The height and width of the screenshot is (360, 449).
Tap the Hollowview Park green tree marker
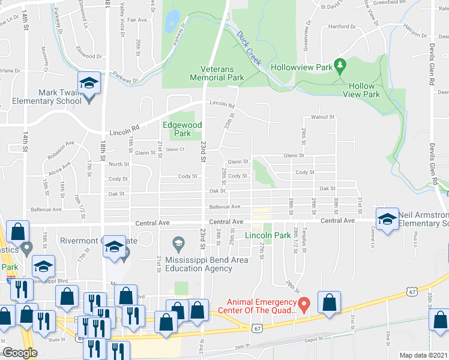(x=340, y=64)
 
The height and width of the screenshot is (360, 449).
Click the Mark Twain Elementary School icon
(x=89, y=84)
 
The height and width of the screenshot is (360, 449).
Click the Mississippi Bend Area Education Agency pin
(x=178, y=244)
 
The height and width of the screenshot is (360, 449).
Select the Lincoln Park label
(x=265, y=236)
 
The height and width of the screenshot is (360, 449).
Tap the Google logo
(x=20, y=352)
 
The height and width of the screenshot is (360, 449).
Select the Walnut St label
(x=322, y=117)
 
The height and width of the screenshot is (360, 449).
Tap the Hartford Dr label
(x=342, y=26)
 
